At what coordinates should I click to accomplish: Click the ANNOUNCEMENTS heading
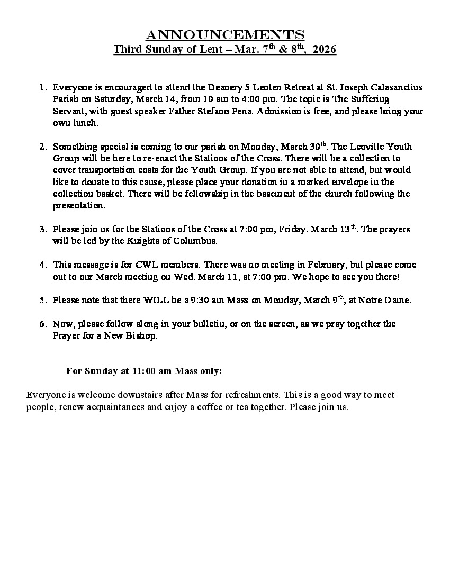click(225, 35)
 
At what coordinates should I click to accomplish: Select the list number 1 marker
click(43, 87)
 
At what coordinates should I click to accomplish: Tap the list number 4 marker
click(43, 265)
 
